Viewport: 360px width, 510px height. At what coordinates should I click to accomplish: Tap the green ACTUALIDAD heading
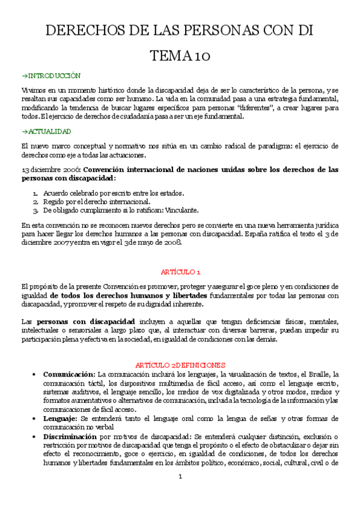(49, 131)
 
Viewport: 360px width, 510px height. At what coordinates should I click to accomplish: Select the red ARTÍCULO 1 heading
(180, 271)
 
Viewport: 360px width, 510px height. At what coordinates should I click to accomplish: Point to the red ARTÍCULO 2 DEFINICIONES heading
(180, 364)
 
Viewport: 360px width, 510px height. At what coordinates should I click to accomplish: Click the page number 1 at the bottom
(180, 494)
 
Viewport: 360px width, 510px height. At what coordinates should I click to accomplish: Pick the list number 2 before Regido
(36, 201)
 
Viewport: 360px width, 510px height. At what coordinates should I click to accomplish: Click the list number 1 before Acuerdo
(36, 193)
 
